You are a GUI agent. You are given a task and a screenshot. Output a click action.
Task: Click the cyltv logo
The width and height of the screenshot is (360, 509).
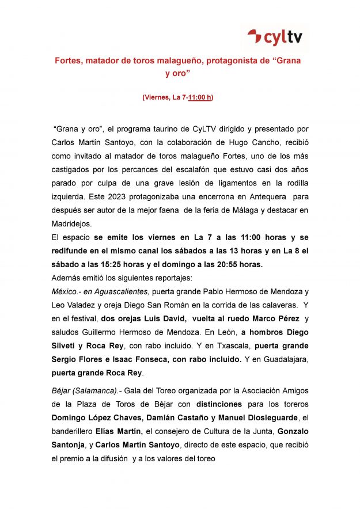[275, 38]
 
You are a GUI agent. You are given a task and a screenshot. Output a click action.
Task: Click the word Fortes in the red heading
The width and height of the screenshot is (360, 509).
[67, 60]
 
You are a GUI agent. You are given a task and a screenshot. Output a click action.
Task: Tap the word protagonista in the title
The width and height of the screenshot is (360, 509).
[232, 60]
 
